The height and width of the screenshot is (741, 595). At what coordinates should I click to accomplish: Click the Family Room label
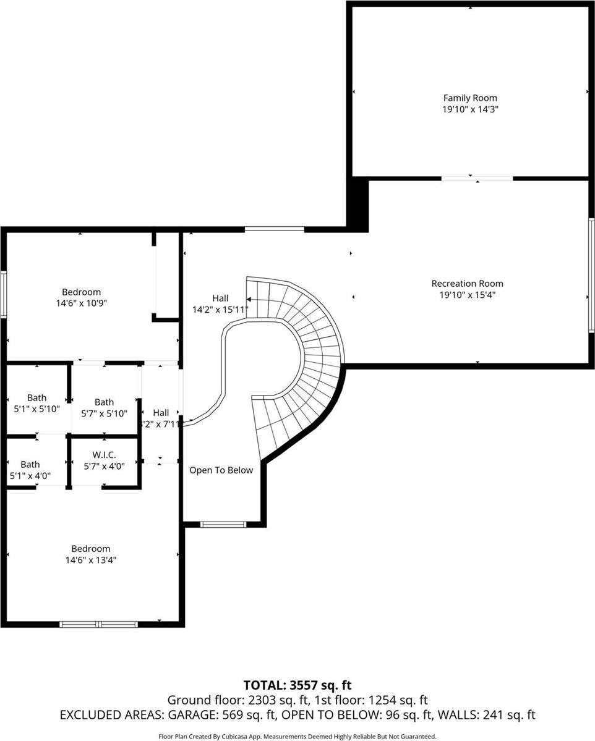[x=470, y=98]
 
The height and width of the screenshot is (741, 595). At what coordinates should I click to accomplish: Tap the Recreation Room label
[x=468, y=284]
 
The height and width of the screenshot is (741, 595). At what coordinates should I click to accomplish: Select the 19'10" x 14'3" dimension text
[x=470, y=109]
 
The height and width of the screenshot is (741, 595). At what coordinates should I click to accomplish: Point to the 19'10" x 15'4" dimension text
[x=468, y=295]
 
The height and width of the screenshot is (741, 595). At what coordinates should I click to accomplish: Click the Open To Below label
[x=221, y=470]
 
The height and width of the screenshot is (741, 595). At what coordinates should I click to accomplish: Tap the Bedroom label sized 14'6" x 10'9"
[x=81, y=292]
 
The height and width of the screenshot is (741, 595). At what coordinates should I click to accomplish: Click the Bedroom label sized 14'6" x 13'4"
[x=91, y=549]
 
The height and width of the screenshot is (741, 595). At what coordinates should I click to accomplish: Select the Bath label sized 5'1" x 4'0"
[x=30, y=465]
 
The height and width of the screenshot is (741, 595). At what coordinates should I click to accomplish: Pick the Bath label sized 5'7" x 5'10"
[x=104, y=402]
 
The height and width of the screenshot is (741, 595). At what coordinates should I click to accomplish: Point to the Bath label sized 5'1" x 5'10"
[x=36, y=398]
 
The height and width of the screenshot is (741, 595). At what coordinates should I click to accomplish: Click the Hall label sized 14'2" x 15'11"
[x=220, y=298]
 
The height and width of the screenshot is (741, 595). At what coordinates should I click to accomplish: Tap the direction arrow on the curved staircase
[x=249, y=299]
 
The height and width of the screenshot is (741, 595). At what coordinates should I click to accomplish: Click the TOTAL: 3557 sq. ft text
[x=297, y=685]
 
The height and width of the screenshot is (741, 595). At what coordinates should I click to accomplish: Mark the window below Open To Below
[x=224, y=525]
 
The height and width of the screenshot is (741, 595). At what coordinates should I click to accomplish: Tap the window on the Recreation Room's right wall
[x=591, y=275]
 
